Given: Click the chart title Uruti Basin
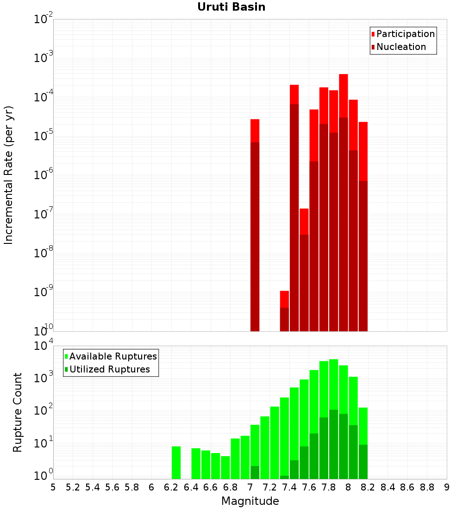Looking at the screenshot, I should tap(231, 7).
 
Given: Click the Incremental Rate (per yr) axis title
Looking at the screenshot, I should tap(9, 175).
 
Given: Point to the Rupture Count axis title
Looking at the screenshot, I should tap(18, 412).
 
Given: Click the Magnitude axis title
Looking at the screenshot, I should tap(250, 501).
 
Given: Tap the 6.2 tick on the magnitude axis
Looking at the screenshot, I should tap(171, 487).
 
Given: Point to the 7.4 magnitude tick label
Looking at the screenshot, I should tap(289, 487).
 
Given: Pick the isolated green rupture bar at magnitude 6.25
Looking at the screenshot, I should tap(176, 463).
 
